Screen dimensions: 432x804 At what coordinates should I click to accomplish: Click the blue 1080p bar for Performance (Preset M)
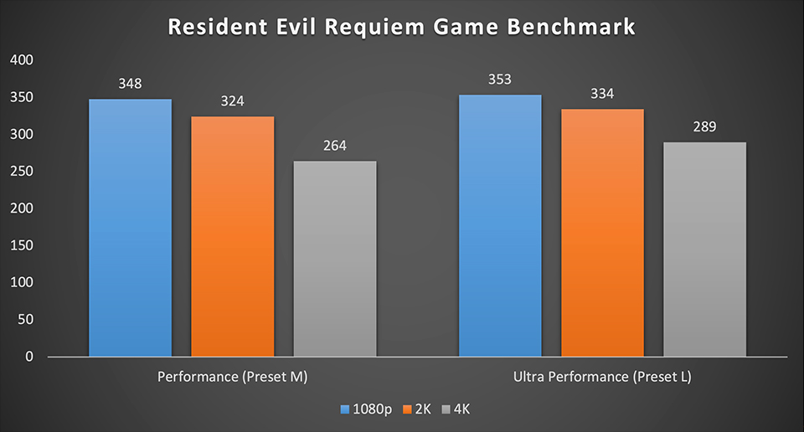click(130, 228)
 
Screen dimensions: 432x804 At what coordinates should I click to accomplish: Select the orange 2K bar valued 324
click(232, 237)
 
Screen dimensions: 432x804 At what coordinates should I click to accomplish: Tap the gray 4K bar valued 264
click(334, 259)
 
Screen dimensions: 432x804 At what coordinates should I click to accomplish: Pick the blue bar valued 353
click(500, 226)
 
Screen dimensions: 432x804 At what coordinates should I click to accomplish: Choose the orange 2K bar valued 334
click(602, 233)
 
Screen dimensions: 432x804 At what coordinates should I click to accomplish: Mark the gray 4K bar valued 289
click(704, 249)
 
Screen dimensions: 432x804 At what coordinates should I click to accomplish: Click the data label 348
click(130, 84)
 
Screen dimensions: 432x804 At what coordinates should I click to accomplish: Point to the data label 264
click(334, 146)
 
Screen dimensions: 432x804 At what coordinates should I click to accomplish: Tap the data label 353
click(500, 80)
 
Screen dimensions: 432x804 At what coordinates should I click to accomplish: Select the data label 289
click(704, 127)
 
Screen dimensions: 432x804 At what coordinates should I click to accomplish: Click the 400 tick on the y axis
click(23, 60)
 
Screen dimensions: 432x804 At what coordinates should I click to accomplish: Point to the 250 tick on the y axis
click(23, 172)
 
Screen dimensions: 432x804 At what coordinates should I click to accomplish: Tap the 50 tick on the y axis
click(26, 320)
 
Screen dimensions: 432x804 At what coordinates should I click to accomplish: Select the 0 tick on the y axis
click(29, 357)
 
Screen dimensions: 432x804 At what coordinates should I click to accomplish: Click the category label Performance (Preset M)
click(233, 378)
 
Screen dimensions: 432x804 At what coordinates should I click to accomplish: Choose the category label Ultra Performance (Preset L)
click(602, 378)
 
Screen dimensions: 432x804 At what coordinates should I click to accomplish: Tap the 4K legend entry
click(464, 409)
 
